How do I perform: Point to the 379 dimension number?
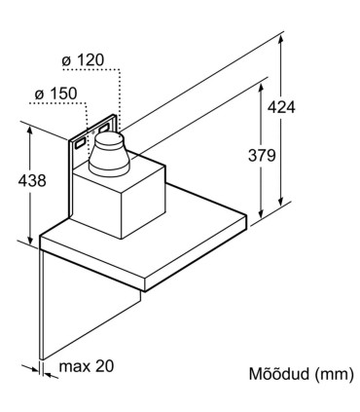[x=260, y=155]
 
